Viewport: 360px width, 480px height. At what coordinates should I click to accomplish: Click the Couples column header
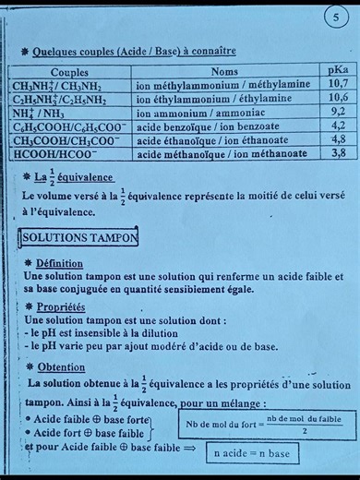coord(70,71)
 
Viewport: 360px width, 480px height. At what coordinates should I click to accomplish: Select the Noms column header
coord(224,71)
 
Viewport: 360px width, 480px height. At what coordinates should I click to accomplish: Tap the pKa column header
coord(338,69)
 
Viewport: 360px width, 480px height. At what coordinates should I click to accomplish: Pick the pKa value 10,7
coord(338,83)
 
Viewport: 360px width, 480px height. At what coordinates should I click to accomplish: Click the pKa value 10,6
coord(338,97)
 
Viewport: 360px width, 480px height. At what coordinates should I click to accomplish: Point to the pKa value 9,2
coord(338,111)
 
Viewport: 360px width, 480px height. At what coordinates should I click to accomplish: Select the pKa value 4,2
coord(338,125)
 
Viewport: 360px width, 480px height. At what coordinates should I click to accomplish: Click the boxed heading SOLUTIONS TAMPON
coord(80,237)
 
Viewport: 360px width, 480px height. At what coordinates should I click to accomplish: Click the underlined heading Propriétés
coord(62,306)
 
